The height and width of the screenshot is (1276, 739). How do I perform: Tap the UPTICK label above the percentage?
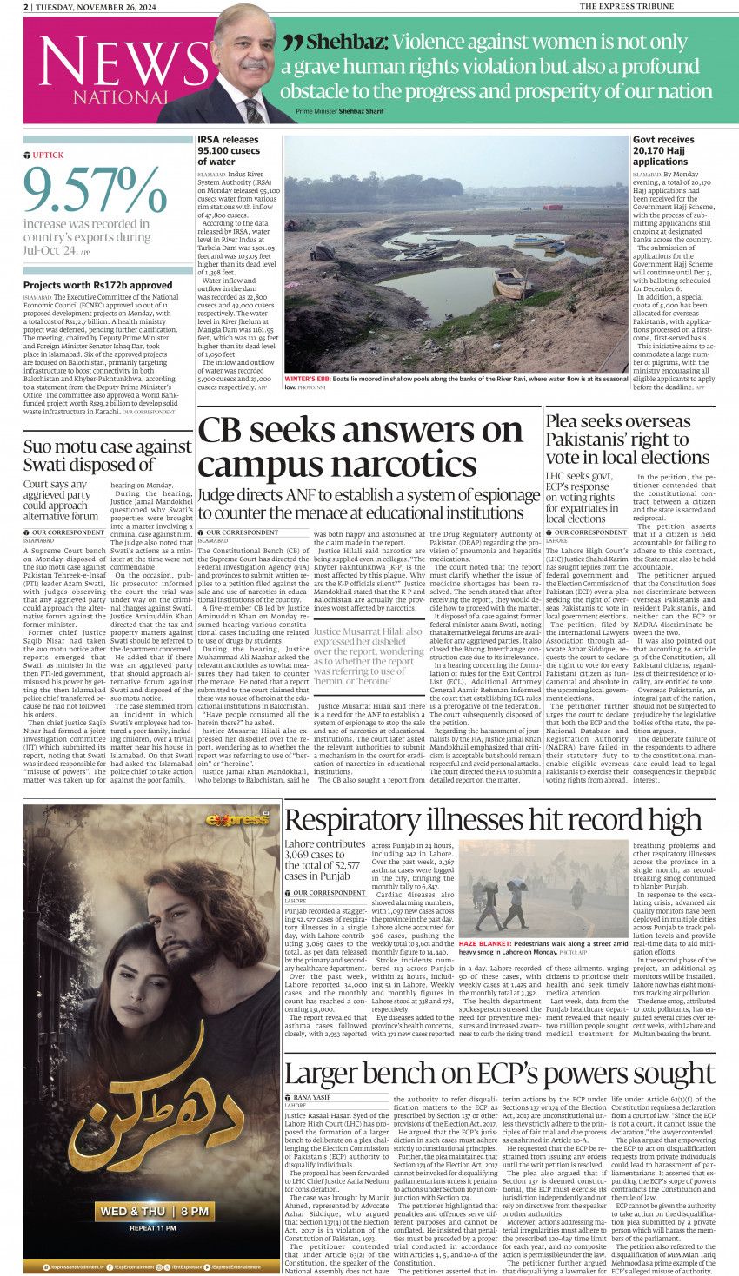point(48,155)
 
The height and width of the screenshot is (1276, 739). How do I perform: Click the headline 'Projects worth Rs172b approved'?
point(97,285)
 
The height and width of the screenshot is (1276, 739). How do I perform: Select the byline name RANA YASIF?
point(312,1097)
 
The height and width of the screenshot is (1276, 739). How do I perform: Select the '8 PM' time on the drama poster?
point(195,1211)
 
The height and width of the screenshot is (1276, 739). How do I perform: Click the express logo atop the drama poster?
point(236,819)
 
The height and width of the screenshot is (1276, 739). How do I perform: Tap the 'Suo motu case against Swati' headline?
point(108,455)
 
